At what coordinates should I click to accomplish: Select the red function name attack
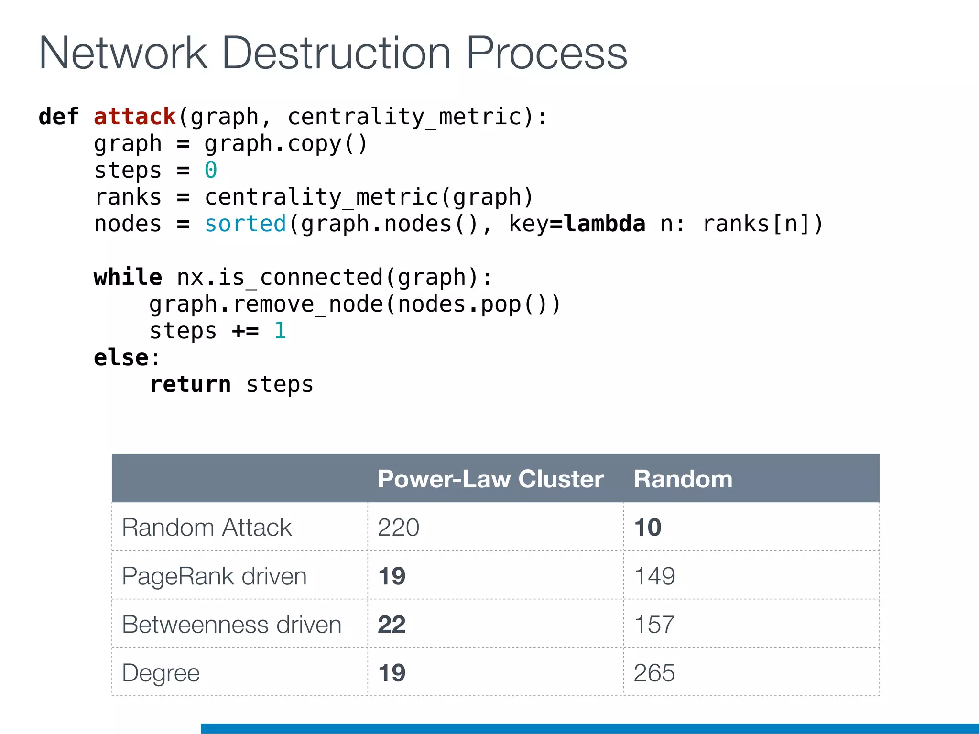135,117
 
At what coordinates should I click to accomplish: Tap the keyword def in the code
58,117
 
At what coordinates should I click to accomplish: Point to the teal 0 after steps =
211,170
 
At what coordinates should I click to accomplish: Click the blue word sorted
245,224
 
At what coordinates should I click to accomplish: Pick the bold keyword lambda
604,224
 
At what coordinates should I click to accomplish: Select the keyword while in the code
128,277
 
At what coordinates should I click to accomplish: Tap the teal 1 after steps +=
280,331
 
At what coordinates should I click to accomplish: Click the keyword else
121,357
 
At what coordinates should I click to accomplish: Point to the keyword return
190,384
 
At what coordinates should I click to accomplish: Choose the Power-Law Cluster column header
490,479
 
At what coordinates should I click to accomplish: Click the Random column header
683,479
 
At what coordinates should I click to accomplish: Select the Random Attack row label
207,528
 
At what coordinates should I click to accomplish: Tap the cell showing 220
398,528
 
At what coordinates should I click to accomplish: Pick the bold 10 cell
648,528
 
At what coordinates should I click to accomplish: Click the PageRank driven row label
214,576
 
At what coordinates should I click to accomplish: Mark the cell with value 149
654,576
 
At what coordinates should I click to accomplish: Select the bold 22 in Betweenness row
392,625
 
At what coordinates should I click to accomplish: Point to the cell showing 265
654,673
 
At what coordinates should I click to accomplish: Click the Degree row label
161,673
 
